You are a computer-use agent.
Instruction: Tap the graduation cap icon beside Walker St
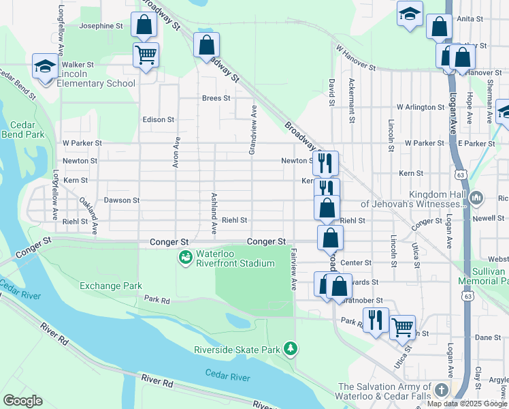click(45, 67)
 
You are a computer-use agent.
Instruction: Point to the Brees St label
click(216, 98)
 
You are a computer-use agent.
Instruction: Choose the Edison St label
click(159, 119)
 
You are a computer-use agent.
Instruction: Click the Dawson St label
click(121, 200)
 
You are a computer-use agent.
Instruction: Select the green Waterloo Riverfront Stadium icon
click(184, 257)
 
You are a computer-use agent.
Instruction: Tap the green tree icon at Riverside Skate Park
click(291, 349)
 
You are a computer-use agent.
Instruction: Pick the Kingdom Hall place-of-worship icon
click(476, 198)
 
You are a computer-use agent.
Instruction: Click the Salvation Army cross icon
click(442, 391)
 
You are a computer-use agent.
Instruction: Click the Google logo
click(22, 401)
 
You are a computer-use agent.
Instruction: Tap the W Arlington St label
click(421, 108)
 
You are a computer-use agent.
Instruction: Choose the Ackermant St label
click(352, 100)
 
